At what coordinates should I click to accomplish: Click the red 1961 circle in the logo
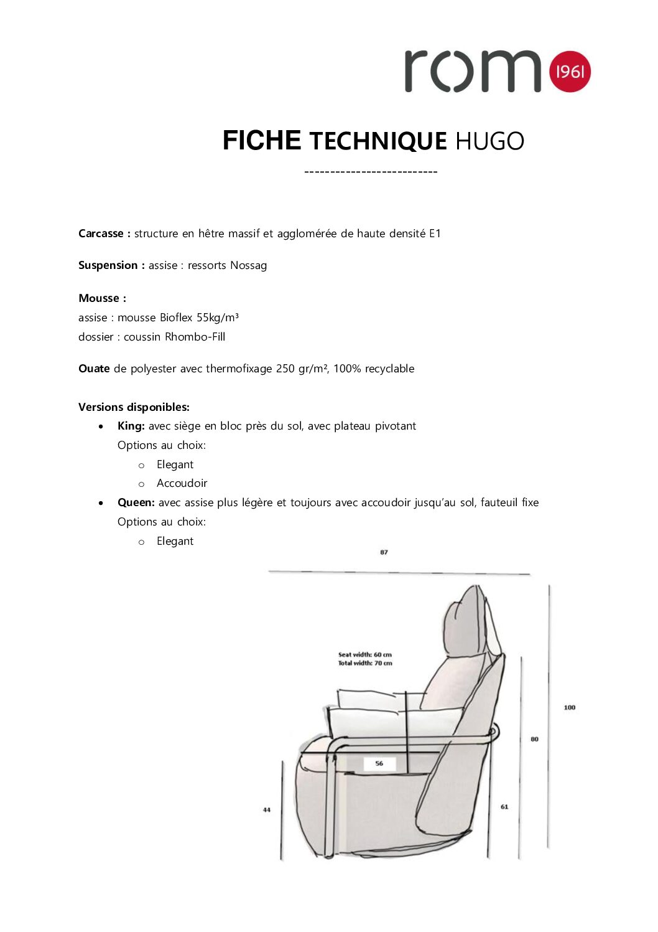point(570,72)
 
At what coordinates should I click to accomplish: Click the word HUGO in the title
point(489,141)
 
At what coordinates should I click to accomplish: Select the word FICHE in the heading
point(262,141)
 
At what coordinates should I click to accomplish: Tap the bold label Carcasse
point(101,233)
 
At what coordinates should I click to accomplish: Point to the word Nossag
point(248,265)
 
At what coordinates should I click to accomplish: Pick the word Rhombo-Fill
point(195,337)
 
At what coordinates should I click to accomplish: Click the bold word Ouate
point(94,369)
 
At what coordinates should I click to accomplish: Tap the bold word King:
point(131,426)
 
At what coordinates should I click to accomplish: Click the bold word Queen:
point(136,502)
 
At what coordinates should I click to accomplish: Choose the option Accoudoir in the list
point(182,483)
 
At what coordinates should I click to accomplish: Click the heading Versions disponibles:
point(134,407)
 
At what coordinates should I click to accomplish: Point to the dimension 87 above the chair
point(384,552)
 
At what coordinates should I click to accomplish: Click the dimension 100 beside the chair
point(569,707)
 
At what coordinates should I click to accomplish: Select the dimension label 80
point(534,739)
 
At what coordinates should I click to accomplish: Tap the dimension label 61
point(504,807)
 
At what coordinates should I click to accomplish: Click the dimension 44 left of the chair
point(267,810)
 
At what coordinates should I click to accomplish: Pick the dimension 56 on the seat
point(379,763)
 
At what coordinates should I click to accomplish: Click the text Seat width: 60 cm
point(365,654)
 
